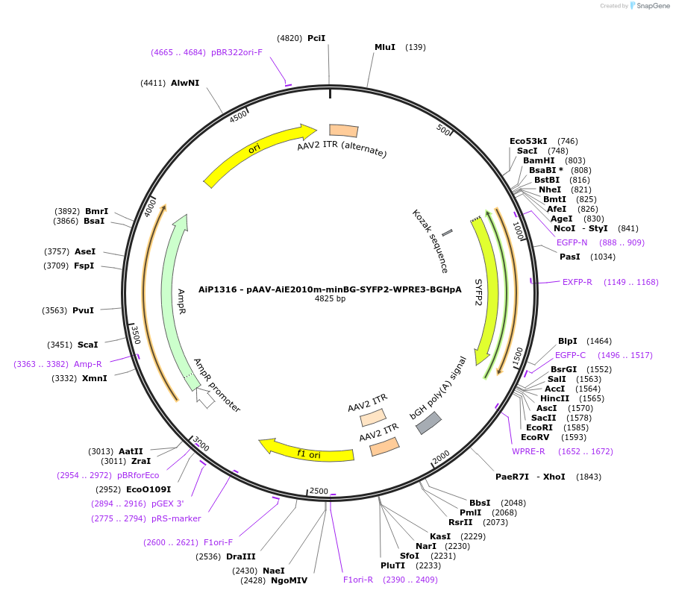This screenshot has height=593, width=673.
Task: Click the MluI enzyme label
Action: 385,47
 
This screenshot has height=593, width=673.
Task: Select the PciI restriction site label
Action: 316,37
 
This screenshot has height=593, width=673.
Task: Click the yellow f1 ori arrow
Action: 306,451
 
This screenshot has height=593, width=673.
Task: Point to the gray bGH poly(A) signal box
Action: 428,423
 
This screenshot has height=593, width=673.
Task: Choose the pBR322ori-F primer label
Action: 237,52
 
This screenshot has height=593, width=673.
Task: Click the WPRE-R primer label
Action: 528,451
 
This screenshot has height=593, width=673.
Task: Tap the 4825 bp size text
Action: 330,299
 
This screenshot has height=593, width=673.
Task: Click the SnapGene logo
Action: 649,6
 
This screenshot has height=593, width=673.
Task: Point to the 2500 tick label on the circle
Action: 319,490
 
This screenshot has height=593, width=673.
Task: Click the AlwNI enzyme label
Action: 185,83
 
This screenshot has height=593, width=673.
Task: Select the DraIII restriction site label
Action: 241,556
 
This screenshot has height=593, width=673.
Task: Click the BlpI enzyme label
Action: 568,341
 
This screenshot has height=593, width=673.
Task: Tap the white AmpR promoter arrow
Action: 205,398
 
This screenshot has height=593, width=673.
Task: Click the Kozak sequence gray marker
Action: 448,236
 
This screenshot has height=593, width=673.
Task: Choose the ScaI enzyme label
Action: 88,345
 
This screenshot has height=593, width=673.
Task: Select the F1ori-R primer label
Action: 358,580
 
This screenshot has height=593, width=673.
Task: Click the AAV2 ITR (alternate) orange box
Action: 344,131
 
